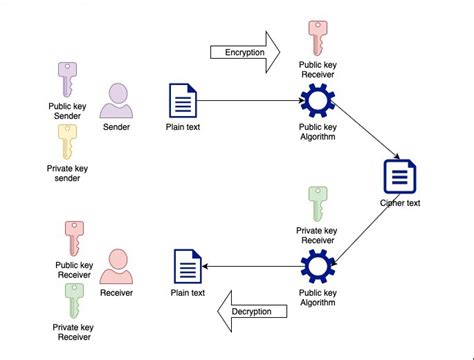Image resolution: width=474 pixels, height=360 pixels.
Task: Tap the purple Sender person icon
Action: pyautogui.click(x=118, y=101)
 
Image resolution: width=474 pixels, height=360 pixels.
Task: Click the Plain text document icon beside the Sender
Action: pyautogui.click(x=184, y=101)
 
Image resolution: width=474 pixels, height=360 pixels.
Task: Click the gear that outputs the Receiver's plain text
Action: pyautogui.click(x=317, y=266)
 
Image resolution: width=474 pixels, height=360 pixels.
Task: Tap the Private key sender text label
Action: pyautogui.click(x=67, y=173)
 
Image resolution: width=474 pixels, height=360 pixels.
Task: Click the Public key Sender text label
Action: pyautogui.click(x=67, y=109)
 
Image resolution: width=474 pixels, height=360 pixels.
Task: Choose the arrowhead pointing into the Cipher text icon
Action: pyautogui.click(x=396, y=158)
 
